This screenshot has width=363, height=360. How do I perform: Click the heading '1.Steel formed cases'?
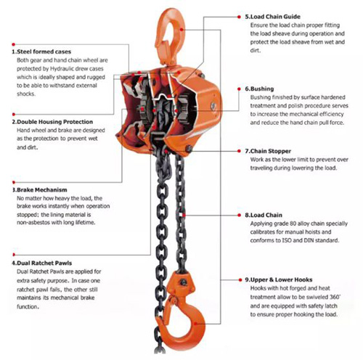click(x=41, y=52)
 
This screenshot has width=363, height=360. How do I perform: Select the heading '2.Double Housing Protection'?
click(x=52, y=122)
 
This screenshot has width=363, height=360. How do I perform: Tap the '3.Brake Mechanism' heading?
click(x=40, y=189)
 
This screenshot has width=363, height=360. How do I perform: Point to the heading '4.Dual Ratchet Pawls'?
click(x=42, y=263)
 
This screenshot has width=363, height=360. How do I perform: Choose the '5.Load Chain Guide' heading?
click(x=272, y=17)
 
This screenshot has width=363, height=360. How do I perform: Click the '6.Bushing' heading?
click(x=259, y=89)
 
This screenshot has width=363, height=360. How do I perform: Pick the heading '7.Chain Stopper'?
click(x=268, y=151)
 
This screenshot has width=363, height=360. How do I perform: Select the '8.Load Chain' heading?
click(x=264, y=215)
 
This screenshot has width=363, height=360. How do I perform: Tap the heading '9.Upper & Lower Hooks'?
click(x=279, y=280)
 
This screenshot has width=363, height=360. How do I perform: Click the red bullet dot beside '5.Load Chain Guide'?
click(x=239, y=17)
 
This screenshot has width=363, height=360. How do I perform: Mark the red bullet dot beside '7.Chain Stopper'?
click(x=239, y=151)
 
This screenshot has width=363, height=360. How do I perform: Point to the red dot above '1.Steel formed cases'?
click(x=14, y=44)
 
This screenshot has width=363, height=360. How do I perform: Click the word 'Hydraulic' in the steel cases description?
click(x=62, y=69)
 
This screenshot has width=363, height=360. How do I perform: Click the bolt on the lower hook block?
click(x=183, y=282)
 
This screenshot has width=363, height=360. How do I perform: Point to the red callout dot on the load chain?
click(x=184, y=215)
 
